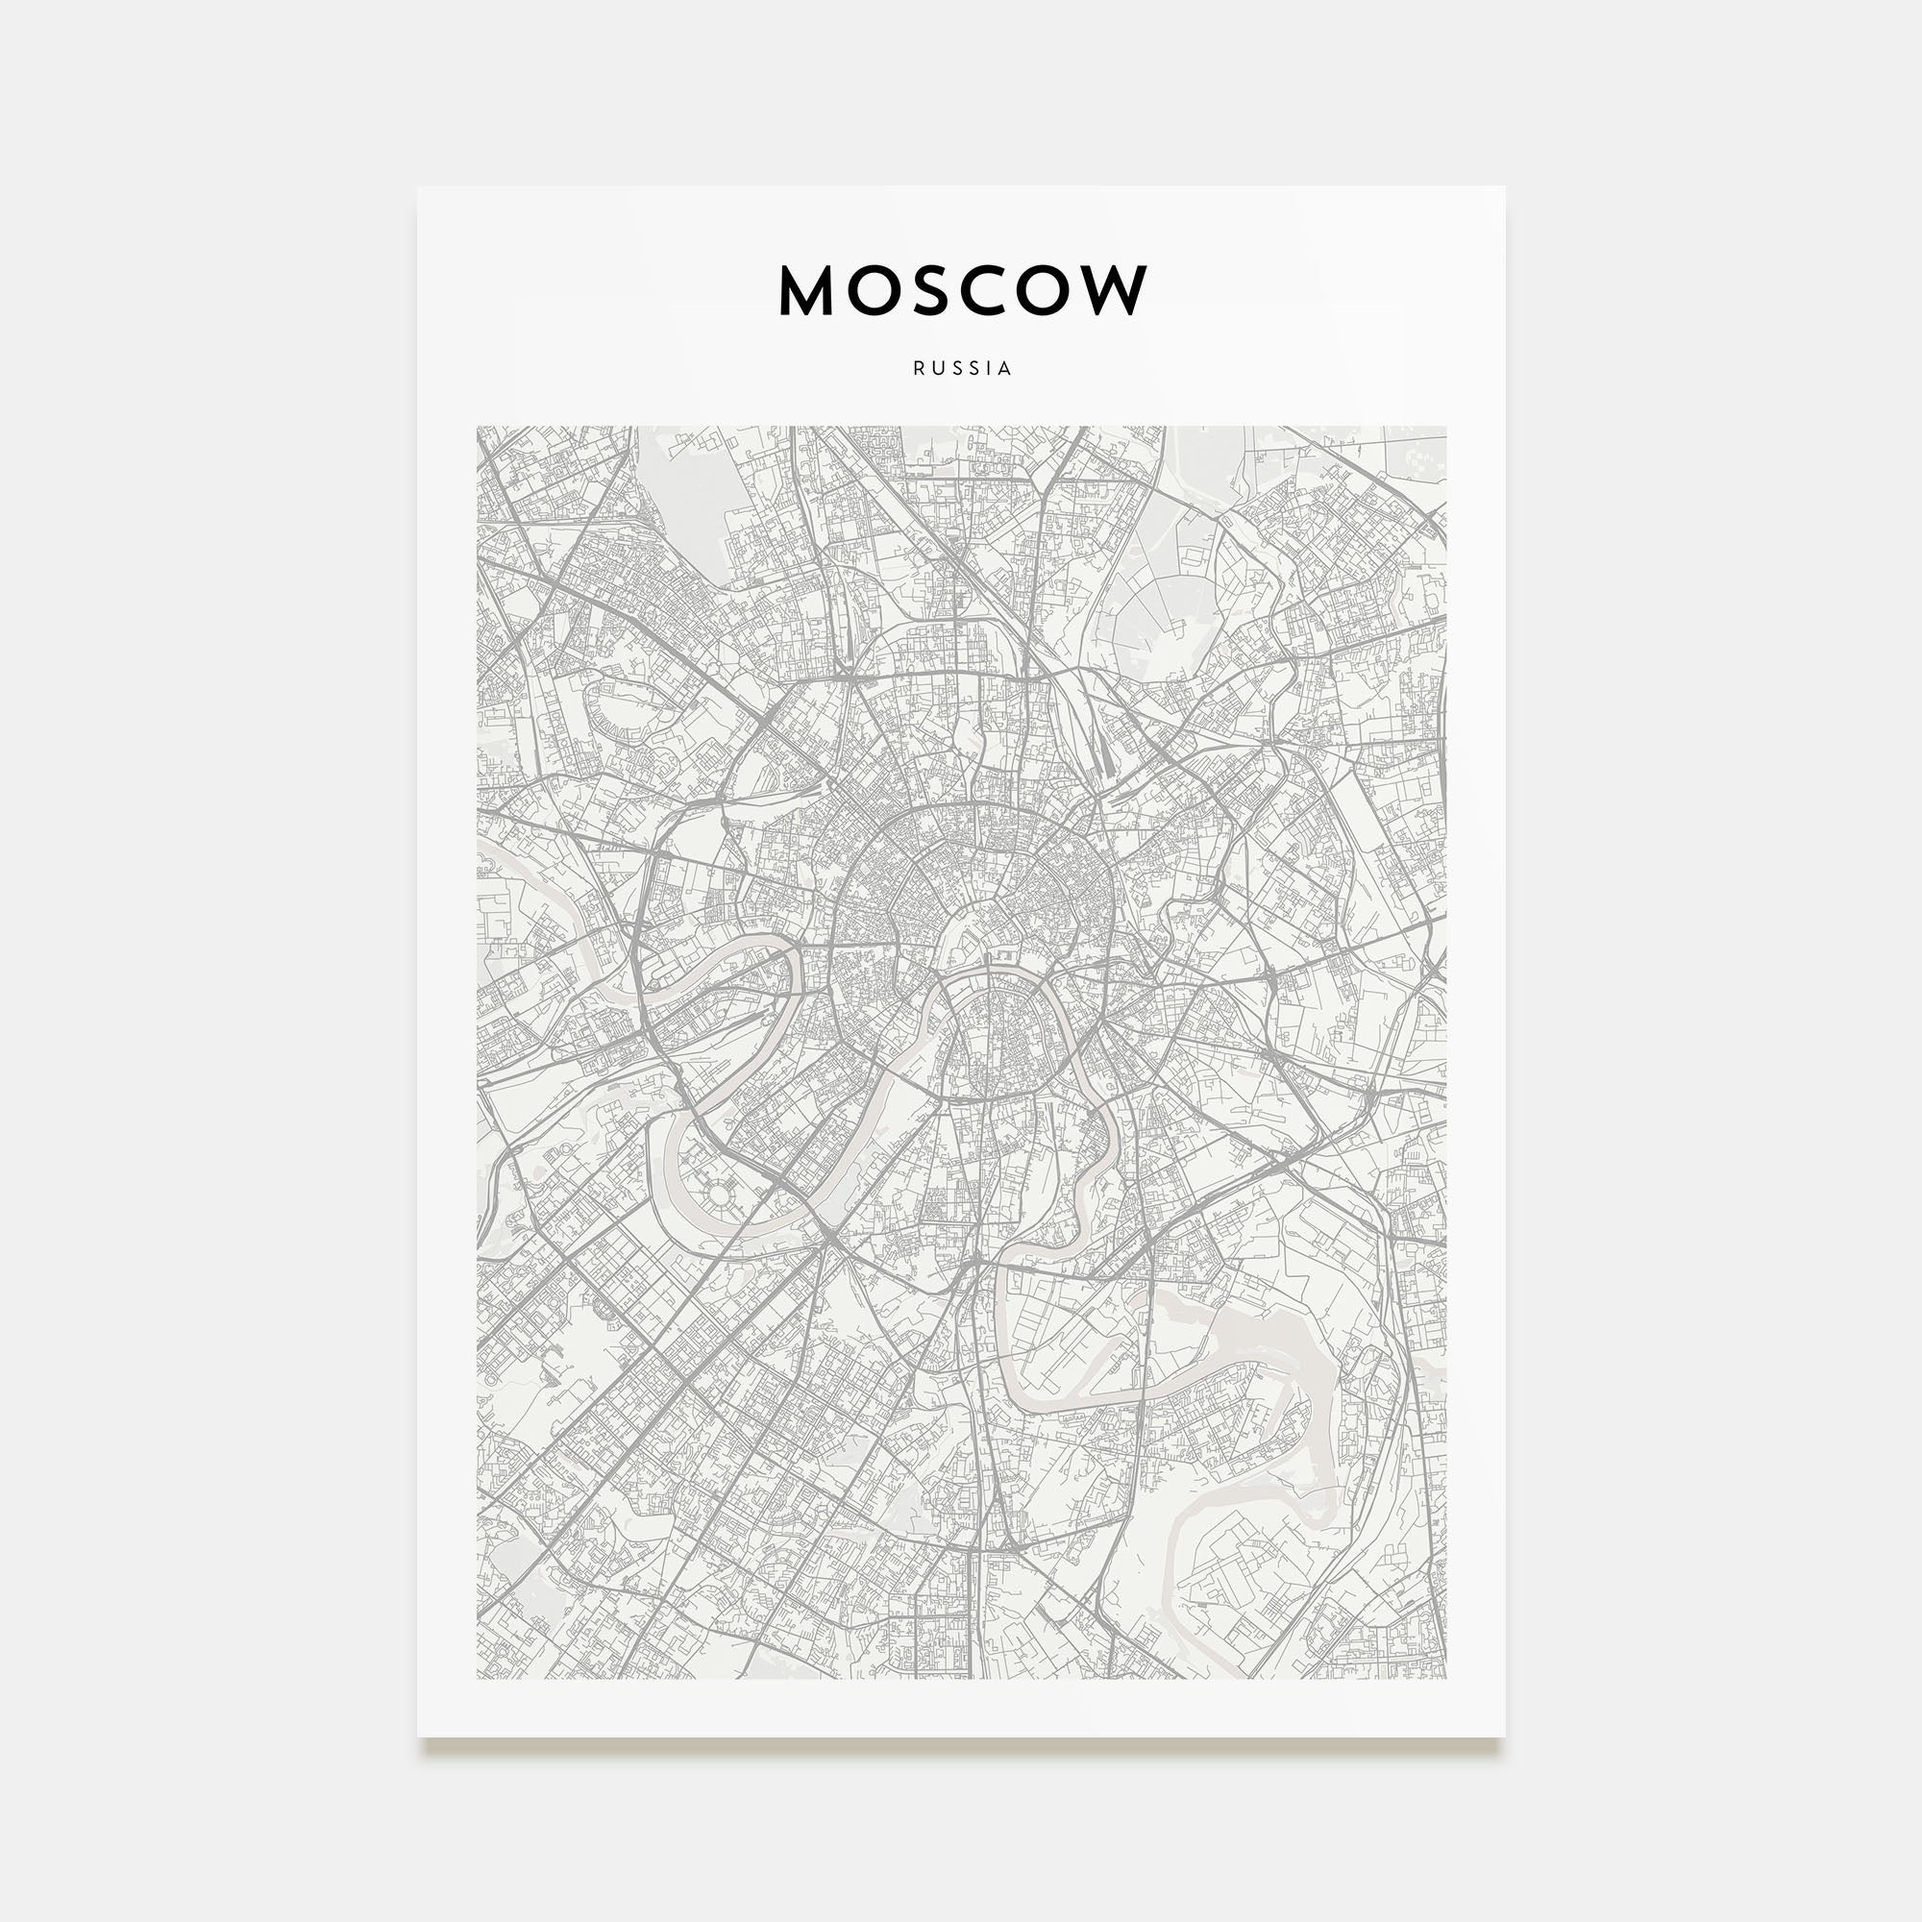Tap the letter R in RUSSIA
918,368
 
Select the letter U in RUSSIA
938,368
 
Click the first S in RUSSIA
957,368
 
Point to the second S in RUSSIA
974,368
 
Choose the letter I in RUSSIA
990,368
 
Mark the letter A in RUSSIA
1006,368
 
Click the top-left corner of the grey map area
478,428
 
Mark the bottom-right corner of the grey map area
1445,1679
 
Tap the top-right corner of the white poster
1504,187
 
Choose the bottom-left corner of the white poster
418,1737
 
